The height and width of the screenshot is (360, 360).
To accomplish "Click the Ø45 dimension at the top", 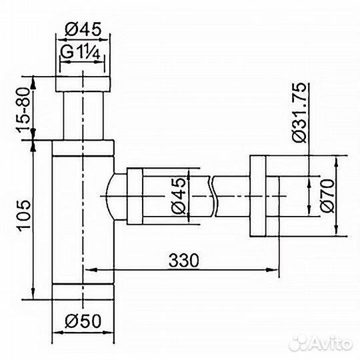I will pos(83,30).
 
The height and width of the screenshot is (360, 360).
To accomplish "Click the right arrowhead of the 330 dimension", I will pos(274,270).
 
